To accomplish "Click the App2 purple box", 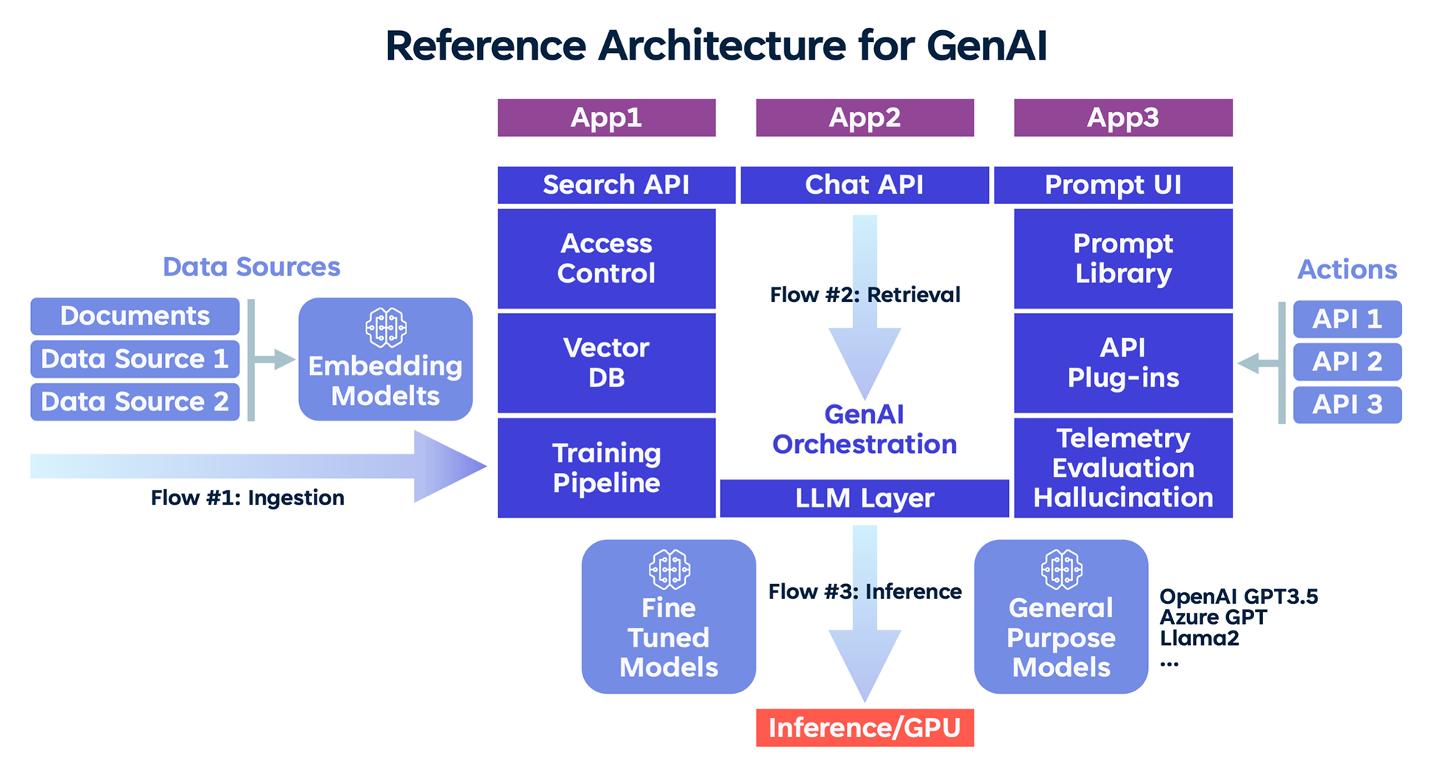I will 865,118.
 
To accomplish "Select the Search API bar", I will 616,185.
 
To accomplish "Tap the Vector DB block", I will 606,362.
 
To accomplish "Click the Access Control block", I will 606,259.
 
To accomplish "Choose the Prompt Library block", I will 1122,259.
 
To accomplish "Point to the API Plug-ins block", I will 1122,362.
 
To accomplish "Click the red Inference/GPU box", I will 865,728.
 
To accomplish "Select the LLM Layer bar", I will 865,499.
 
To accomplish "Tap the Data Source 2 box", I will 135,402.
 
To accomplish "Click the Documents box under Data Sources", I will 135,316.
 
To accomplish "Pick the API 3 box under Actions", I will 1347,404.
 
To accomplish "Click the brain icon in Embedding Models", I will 386,327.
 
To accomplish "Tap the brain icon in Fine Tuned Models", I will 669,569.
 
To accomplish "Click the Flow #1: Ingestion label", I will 247,498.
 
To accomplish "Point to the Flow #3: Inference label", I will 865,591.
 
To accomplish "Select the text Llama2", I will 1199,638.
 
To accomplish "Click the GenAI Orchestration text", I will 865,429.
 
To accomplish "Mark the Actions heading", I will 1347,270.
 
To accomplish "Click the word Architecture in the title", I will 721,46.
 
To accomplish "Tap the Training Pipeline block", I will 606,468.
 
